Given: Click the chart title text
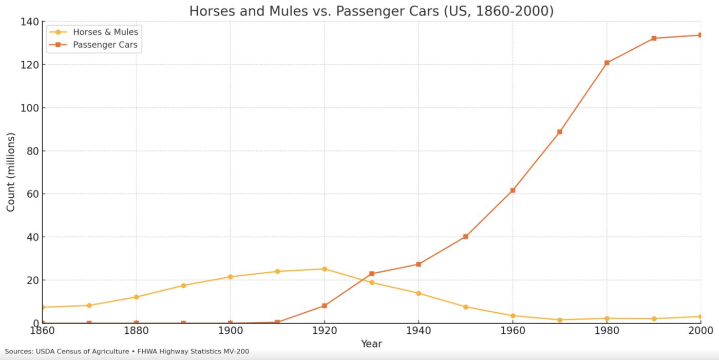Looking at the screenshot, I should click(371, 11).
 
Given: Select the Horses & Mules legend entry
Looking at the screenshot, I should click(105, 32).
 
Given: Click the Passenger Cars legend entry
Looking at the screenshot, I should click(105, 45).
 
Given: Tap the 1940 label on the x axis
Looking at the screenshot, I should click(418, 330).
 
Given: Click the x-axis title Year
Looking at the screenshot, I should click(371, 344).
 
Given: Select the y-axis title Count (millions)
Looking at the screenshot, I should click(11, 172).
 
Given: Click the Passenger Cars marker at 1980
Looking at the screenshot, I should click(607, 63).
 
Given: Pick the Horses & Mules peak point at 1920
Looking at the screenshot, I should click(324, 269).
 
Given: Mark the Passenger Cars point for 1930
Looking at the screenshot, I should click(371, 274).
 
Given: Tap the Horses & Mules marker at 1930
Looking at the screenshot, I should click(371, 282).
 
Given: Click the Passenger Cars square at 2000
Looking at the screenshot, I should click(700, 35).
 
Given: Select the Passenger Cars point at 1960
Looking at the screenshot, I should click(513, 190).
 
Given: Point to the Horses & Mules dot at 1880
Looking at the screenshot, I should click(136, 297).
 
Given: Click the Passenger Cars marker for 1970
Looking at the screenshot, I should click(559, 132).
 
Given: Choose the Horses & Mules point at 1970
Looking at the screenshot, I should click(559, 320).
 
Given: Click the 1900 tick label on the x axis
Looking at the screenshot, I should click(230, 330).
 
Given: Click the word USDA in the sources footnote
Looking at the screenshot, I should click(48, 352).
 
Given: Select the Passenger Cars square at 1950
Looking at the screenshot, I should click(465, 237).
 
